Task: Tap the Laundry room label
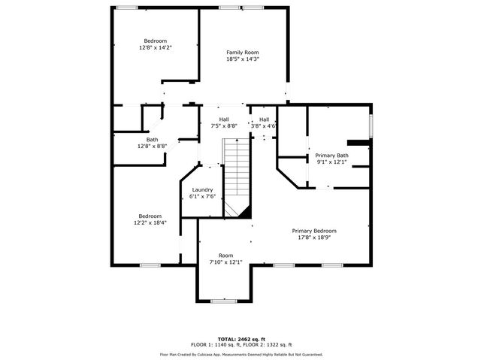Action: tap(203, 189)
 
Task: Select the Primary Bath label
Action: tap(331, 155)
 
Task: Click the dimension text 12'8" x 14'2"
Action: tap(156, 47)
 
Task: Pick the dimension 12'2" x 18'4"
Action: tap(150, 222)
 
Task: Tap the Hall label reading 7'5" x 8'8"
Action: tap(224, 126)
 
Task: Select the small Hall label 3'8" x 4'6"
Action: tap(264, 126)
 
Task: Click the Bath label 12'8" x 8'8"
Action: tap(152, 146)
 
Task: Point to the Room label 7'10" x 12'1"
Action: tap(225, 262)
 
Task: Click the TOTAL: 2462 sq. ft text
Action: tap(240, 338)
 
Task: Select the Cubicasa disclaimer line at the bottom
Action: tap(240, 353)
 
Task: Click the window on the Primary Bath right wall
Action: tap(371, 123)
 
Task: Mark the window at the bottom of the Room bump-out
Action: tap(223, 301)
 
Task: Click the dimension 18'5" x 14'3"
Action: tap(243, 59)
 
